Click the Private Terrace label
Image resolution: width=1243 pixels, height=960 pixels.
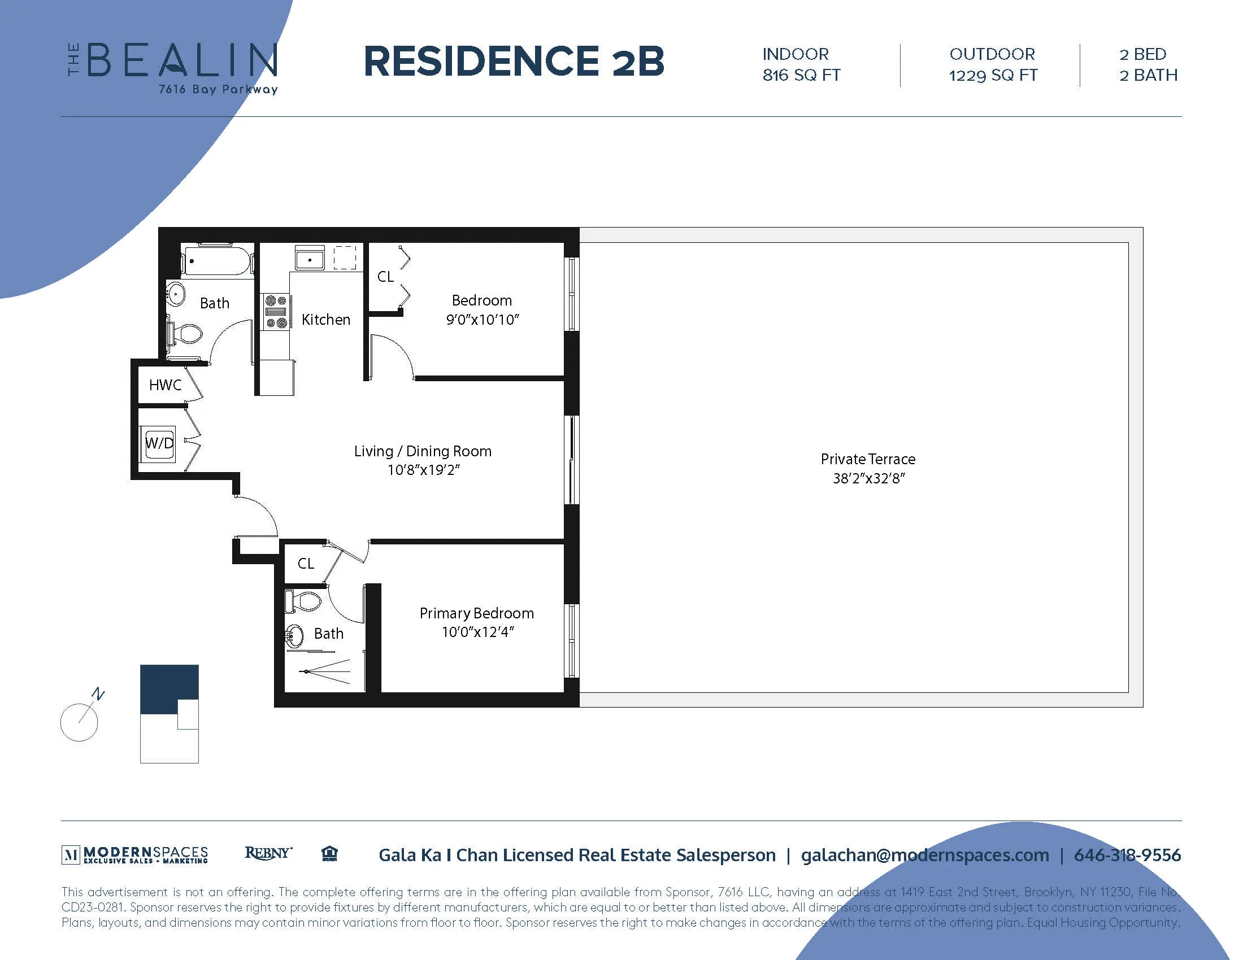coord(867,459)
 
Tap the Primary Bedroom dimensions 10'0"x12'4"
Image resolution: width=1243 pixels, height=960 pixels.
coord(477,632)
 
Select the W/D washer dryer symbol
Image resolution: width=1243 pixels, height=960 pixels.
coord(159,443)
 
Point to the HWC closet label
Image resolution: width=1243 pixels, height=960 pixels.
coord(165,385)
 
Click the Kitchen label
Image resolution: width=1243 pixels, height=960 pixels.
coord(325,320)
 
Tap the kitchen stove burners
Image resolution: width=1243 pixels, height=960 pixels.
coord(276,312)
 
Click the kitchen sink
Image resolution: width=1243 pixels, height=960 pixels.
coord(309,259)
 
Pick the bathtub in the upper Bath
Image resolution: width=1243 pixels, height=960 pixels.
coord(217,260)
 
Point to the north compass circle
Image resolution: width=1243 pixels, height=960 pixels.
coord(79,722)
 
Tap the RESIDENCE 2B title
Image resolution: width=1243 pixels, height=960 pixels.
coord(514,62)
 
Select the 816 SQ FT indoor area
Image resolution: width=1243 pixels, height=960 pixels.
coord(801,75)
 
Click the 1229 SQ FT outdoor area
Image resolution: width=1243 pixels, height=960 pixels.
coord(993,75)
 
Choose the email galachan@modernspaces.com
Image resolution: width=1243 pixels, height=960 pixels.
coord(924,855)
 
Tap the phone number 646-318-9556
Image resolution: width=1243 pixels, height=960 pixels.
coord(1127,855)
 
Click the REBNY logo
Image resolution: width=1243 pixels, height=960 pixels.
coord(268,853)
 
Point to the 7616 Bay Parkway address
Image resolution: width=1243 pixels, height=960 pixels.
coord(218,89)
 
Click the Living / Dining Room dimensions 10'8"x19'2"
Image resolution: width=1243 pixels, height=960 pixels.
coord(423,470)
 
